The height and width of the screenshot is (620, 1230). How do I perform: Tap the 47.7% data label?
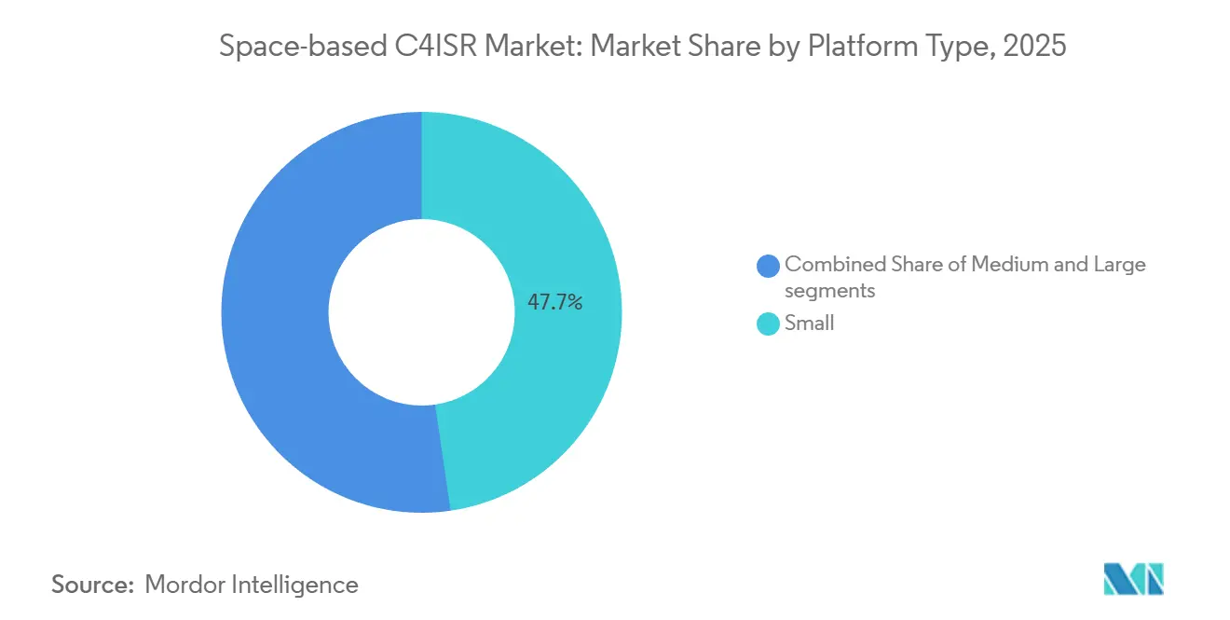point(554,302)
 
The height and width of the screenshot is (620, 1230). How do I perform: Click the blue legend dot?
point(769,266)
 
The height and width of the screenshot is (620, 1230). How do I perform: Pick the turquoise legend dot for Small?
point(769,324)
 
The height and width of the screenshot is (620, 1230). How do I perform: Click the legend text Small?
point(809,324)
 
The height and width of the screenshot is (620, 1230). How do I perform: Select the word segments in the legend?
point(829,290)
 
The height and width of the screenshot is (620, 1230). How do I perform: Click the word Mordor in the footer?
point(184,585)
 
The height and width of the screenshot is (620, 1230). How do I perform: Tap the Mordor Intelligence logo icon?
point(1133,579)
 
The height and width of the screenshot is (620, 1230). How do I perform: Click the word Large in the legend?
point(1119,264)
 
